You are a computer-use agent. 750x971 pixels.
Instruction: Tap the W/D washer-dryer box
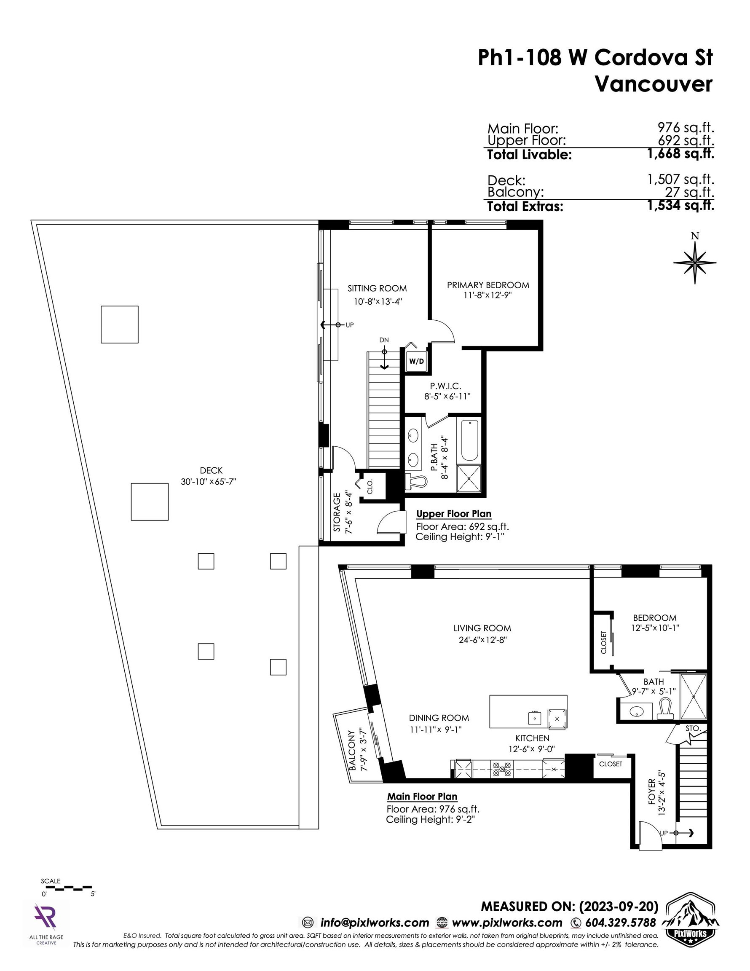coord(417,361)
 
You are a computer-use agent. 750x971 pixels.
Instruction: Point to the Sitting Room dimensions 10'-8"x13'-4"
coord(378,301)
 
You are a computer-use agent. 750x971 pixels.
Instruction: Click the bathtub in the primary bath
coord(469,440)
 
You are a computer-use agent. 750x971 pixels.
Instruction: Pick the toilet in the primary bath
coord(417,480)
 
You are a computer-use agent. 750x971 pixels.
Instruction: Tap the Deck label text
coord(211,470)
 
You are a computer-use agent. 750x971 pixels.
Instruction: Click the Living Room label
coord(482,628)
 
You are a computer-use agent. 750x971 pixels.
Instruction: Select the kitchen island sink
coord(535,717)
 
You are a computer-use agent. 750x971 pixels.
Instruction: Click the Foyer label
coord(652,791)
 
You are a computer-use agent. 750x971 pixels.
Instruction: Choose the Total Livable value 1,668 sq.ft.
coord(680,154)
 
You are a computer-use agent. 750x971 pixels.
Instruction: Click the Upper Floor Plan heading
coord(454,514)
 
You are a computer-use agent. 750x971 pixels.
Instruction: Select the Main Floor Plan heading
coord(422,796)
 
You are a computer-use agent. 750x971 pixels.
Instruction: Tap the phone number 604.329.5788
coord(621,923)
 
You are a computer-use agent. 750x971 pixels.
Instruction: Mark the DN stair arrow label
coord(384,340)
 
